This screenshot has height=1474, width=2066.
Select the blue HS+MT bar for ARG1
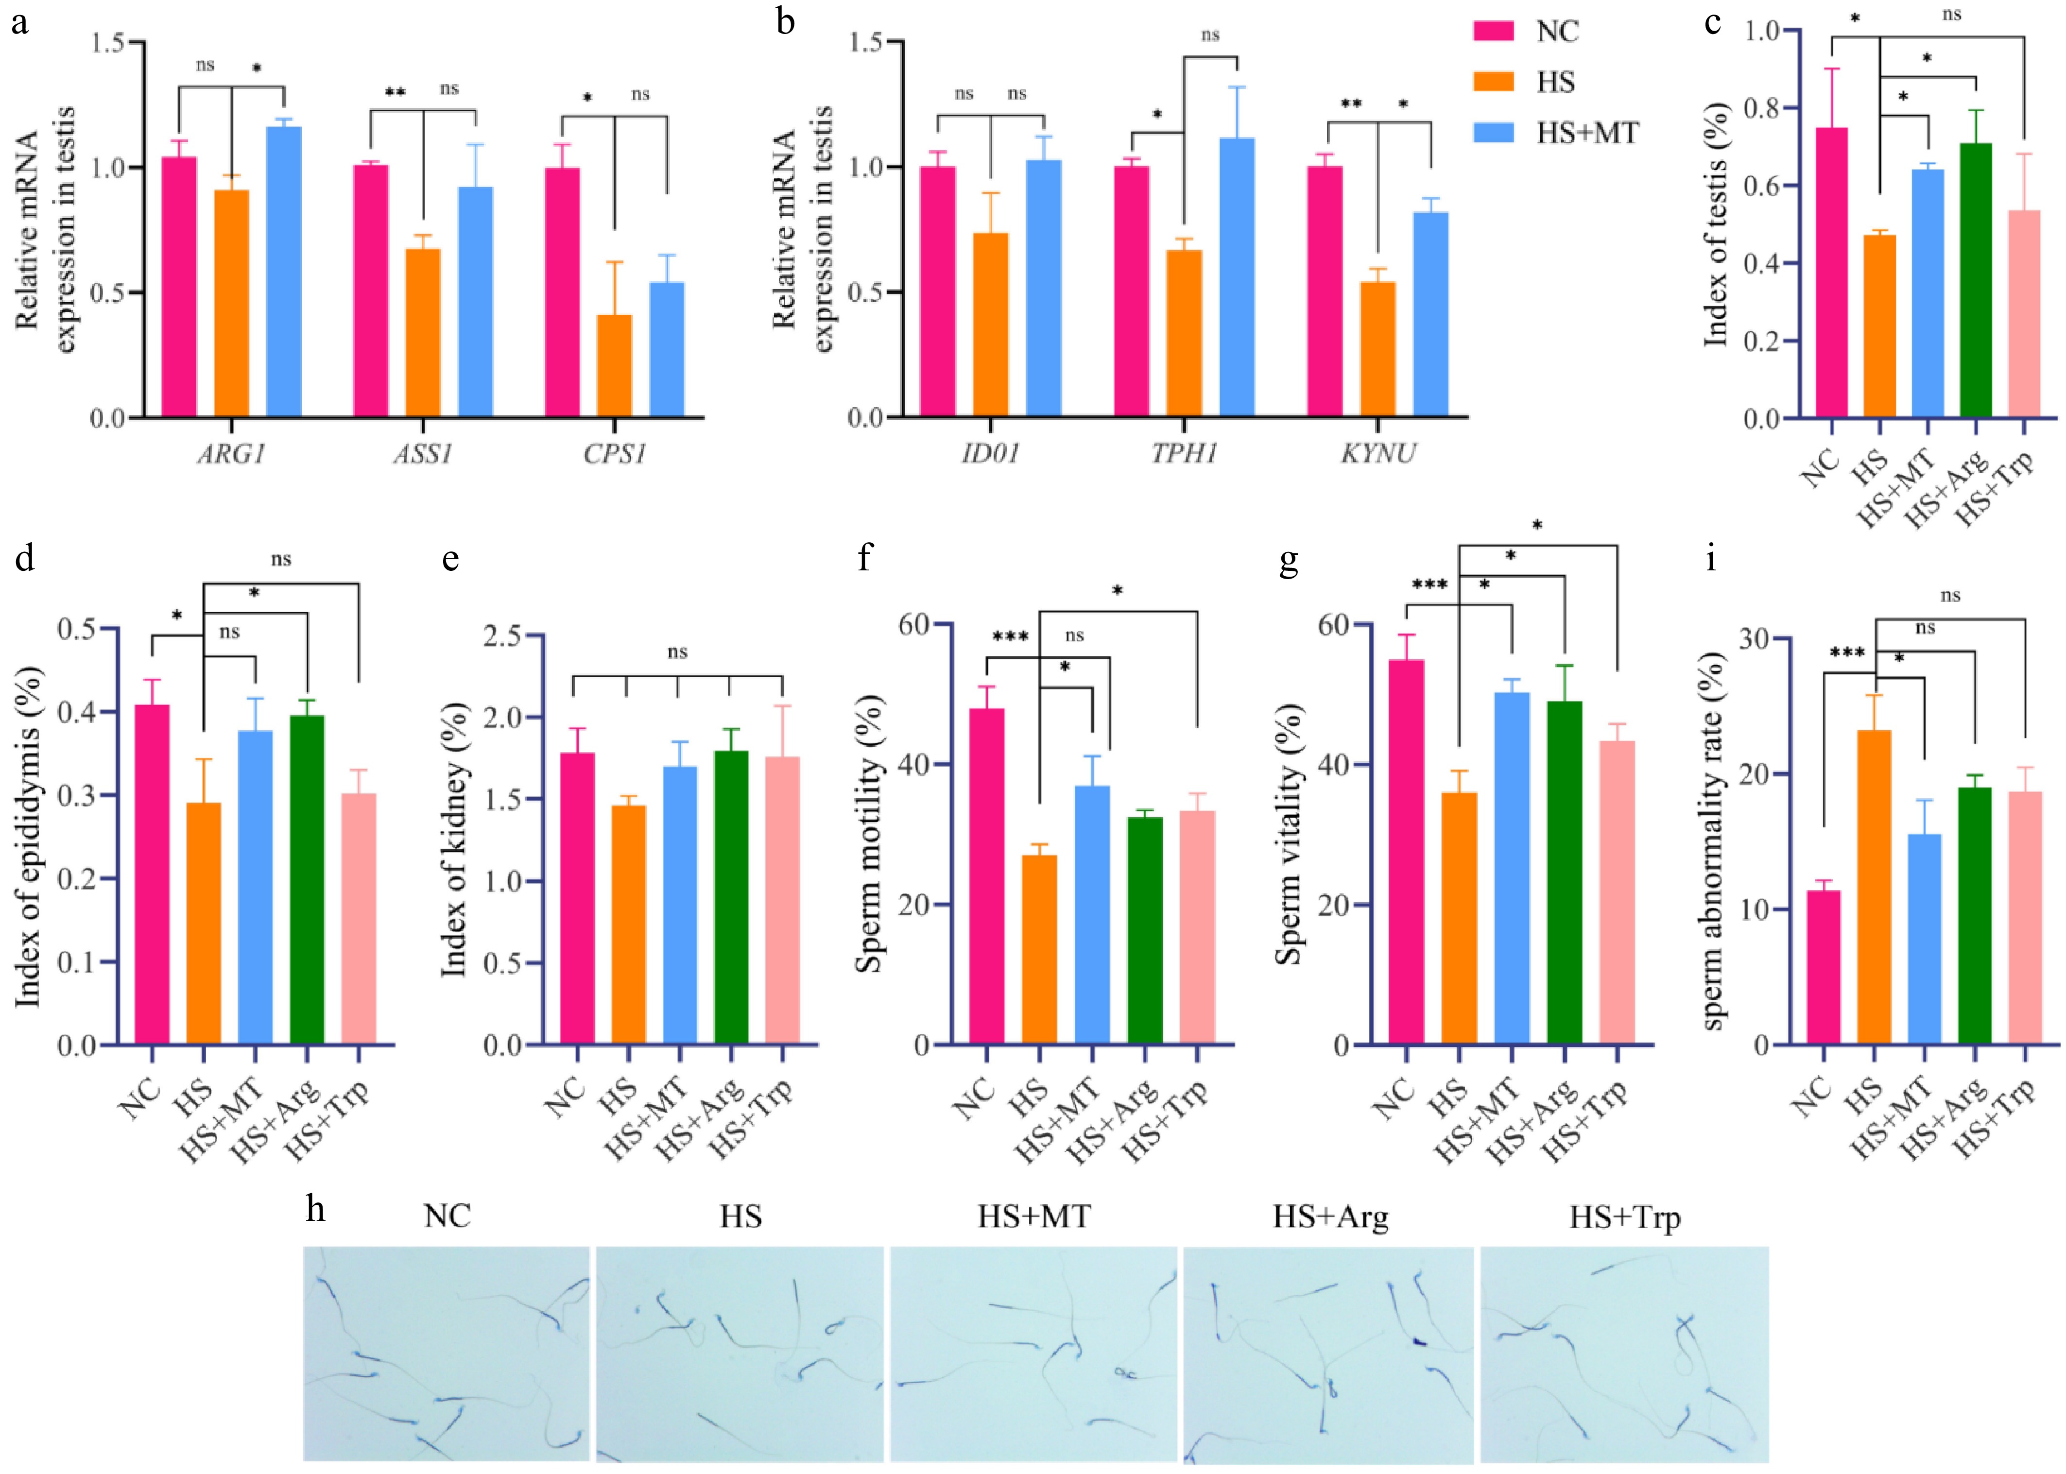pos(284,272)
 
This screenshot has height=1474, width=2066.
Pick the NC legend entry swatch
pos(1493,32)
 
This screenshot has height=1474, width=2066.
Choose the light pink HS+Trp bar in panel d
pos(359,919)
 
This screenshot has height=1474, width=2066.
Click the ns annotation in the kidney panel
pos(677,651)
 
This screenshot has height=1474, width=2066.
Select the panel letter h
pos(315,1210)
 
